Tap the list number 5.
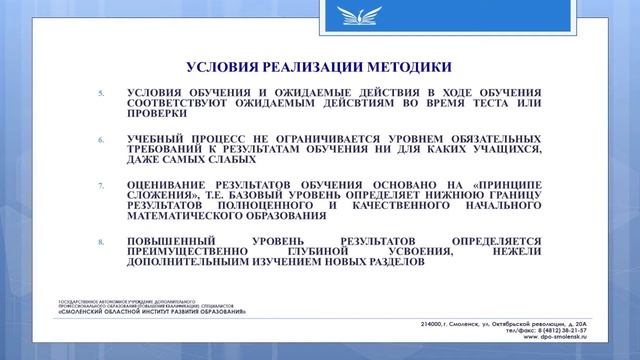[100, 92]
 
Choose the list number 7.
[100, 186]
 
